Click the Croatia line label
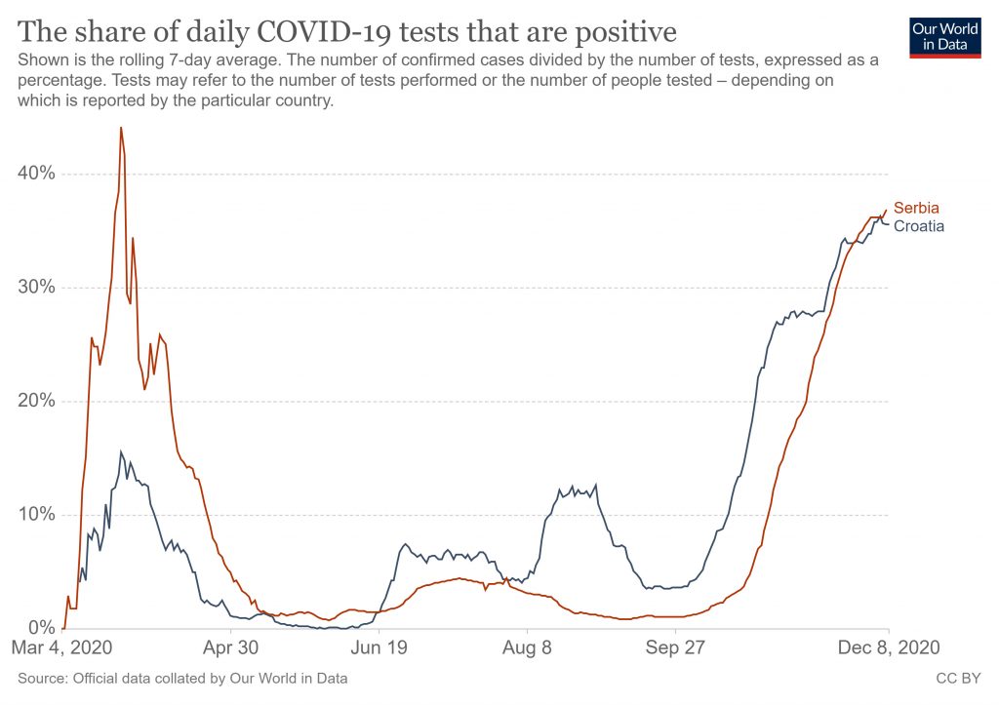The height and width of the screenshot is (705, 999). click(918, 226)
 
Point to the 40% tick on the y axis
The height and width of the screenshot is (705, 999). click(36, 174)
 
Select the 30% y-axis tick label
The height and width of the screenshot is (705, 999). click(36, 288)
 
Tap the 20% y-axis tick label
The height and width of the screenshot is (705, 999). click(36, 401)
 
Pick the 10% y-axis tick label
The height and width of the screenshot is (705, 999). click(36, 515)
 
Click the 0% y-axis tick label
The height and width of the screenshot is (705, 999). click(41, 628)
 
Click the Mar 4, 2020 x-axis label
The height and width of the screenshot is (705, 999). click(63, 647)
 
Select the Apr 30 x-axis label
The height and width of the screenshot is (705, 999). click(232, 647)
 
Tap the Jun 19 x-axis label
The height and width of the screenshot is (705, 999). click(379, 647)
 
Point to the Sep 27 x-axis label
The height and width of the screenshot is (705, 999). click(675, 647)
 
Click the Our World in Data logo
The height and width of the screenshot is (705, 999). click(943, 37)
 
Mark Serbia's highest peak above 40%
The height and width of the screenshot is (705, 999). click(121, 128)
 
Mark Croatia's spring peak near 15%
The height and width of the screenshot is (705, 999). click(121, 451)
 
